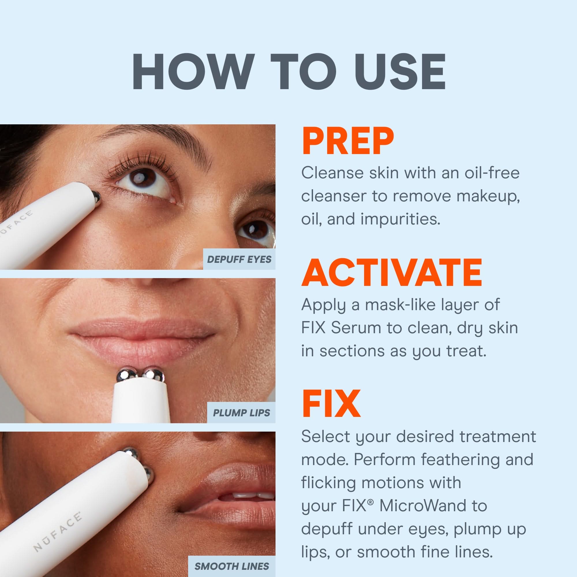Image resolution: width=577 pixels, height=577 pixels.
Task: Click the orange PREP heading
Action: pyautogui.click(x=348, y=141)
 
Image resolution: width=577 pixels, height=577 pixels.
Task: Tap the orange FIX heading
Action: pyautogui.click(x=331, y=404)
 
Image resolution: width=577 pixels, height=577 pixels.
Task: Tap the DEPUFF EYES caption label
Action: pyautogui.click(x=239, y=259)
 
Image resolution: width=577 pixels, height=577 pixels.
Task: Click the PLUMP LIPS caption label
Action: pyautogui.click(x=241, y=413)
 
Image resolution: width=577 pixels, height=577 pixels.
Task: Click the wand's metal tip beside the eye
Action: pyautogui.click(x=96, y=196)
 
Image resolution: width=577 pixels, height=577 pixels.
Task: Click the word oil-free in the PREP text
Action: pyautogui.click(x=492, y=173)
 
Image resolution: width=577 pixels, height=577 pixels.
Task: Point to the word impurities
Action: pyautogui.click(x=400, y=219)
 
